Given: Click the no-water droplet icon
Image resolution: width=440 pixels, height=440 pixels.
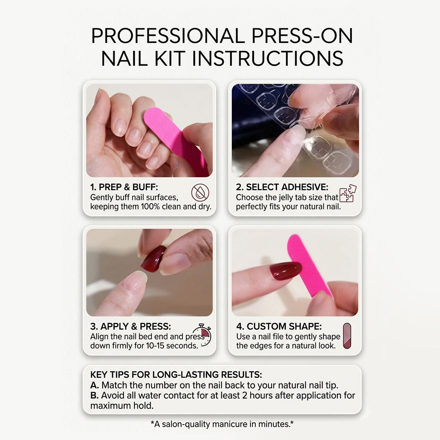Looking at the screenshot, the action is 200,193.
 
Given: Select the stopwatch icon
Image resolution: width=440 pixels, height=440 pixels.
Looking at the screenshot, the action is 202,335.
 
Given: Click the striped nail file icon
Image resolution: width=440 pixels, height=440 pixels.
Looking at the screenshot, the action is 347,336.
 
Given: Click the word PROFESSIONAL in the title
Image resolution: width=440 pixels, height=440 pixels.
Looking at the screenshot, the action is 168,36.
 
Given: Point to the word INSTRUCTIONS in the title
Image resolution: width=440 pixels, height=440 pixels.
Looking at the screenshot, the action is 268,58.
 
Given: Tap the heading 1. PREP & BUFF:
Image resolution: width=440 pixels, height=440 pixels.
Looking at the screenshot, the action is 124,187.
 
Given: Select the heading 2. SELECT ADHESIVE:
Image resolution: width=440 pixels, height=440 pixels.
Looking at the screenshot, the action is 282,187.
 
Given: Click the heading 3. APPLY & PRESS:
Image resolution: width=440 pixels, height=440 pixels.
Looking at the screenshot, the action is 131,327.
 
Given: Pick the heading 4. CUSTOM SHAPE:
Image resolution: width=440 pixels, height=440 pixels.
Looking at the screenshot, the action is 279,327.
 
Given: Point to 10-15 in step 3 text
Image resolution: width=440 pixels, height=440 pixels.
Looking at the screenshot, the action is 155,346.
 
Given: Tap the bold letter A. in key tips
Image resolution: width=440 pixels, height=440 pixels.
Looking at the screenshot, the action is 95,385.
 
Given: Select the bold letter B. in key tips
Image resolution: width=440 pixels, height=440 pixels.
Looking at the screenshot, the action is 95,396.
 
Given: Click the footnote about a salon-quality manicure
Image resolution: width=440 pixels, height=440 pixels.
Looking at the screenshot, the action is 222,424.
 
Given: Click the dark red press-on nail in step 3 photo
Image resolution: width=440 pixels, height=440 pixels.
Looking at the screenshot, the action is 153,259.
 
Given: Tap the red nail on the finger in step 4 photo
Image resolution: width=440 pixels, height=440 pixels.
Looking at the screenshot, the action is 286,271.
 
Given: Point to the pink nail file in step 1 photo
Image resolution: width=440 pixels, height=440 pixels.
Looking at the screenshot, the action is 174,140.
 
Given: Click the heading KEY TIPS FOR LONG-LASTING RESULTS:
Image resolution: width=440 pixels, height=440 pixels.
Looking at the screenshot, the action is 176,375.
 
